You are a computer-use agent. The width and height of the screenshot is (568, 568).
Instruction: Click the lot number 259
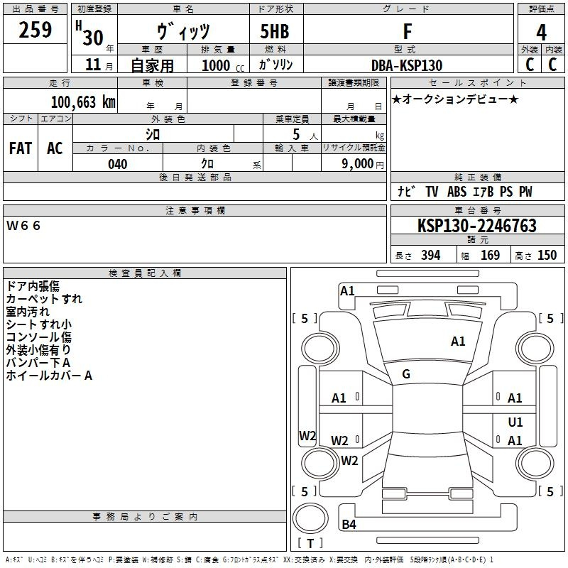point(35,30)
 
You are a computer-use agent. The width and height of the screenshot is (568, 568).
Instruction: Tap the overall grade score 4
point(541,32)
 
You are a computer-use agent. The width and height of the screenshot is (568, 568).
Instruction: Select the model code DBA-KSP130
point(407,65)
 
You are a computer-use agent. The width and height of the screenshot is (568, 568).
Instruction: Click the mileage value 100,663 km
point(83,102)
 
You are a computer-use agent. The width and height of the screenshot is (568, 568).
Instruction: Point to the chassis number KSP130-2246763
point(477,226)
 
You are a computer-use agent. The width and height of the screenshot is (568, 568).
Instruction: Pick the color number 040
point(118,164)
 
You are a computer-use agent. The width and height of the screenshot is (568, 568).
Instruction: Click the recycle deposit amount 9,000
point(357,163)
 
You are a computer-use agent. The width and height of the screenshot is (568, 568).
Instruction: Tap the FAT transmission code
point(21,148)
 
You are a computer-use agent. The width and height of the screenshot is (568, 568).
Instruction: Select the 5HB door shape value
point(275,31)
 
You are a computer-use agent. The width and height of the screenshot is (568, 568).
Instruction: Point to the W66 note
point(23,226)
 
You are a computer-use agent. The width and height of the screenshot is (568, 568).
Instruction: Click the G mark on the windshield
point(406,374)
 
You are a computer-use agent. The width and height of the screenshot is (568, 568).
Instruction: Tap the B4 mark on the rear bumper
point(349,524)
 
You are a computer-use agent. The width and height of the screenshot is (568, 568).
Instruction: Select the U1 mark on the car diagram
point(515,422)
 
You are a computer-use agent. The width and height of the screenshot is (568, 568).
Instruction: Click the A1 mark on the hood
point(458,342)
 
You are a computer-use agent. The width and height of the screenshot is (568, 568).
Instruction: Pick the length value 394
point(431,255)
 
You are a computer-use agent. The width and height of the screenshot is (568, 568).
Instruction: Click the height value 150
point(547,255)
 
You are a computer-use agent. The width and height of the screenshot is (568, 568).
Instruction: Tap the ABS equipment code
point(457,192)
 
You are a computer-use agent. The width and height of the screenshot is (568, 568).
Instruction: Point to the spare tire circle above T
point(310,518)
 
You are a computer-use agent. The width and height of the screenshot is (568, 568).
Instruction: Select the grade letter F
point(408,31)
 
